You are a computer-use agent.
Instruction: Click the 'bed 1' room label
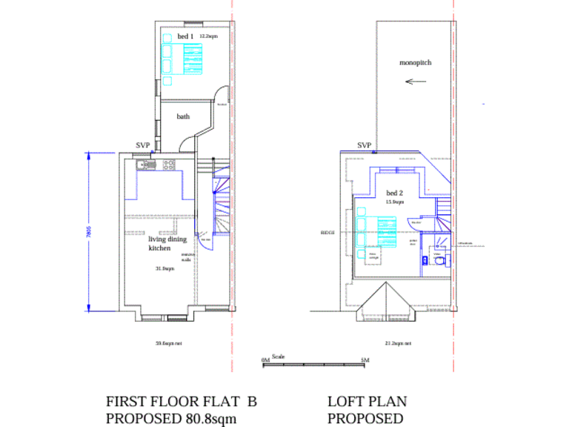(x=185, y=36)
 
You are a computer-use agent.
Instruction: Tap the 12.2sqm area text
(x=208, y=36)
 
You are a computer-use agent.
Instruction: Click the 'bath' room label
(x=182, y=116)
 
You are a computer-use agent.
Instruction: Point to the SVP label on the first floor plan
(x=143, y=146)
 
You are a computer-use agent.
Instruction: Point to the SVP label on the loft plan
(x=364, y=146)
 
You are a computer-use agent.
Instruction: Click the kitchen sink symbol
(x=144, y=164)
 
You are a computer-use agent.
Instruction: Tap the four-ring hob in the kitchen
(x=167, y=164)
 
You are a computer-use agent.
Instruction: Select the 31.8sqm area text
(x=164, y=268)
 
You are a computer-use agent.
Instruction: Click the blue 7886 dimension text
(x=88, y=231)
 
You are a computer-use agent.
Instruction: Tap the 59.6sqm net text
(x=168, y=343)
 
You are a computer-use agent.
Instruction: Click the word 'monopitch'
(x=415, y=63)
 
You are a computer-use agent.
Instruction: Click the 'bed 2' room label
(x=394, y=193)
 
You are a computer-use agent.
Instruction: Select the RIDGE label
(x=327, y=233)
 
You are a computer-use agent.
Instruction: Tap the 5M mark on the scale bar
(x=365, y=360)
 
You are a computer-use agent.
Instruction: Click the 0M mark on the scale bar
(x=266, y=360)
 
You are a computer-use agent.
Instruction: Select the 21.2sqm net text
(x=397, y=343)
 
